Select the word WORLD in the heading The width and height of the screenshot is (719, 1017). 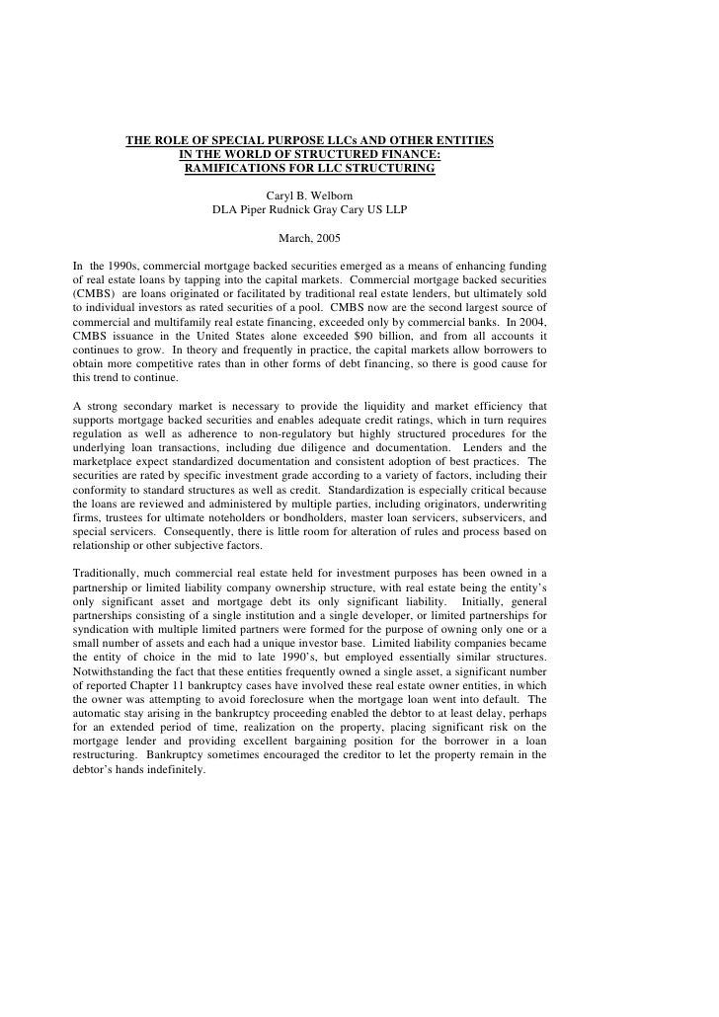pos(258,155)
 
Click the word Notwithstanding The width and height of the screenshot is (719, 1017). pos(117,669)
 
